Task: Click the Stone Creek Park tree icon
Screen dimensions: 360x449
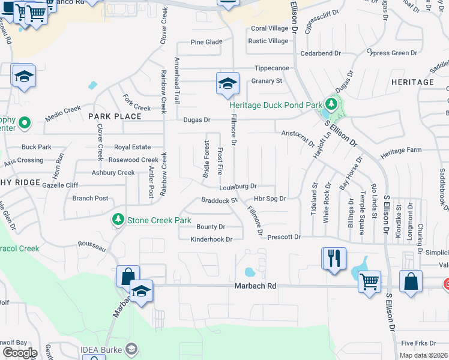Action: click(119, 220)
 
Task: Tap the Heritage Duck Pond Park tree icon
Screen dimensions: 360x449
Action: click(329, 104)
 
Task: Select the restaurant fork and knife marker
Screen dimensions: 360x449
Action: click(333, 259)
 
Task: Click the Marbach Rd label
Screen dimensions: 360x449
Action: click(255, 287)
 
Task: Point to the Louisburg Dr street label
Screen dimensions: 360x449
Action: click(238, 187)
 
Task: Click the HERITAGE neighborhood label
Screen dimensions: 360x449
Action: click(412, 82)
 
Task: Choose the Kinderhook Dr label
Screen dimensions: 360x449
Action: click(211, 239)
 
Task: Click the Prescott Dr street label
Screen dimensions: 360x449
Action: click(284, 237)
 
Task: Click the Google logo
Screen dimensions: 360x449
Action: click(20, 352)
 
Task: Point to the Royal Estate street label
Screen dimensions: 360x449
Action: click(133, 147)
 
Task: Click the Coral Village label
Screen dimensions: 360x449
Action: click(270, 28)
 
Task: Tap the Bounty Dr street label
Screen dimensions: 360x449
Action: click(211, 227)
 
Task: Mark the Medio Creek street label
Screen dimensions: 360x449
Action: click(62, 110)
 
